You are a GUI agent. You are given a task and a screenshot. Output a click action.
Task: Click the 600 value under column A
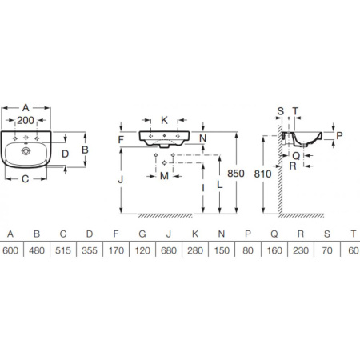10,250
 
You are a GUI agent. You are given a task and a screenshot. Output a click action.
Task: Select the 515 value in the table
63,250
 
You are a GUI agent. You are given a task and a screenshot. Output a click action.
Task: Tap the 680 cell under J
169,250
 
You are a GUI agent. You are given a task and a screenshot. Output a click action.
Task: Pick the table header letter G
142,234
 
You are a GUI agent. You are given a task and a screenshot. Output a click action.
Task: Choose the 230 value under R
301,250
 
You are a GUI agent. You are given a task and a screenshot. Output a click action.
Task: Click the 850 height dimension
236,174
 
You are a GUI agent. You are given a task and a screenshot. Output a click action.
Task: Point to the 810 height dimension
262,174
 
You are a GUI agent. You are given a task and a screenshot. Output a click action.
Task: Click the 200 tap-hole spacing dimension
26,120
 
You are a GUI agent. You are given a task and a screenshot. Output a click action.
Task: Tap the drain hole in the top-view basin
26,151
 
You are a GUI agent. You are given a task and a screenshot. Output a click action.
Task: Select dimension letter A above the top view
26,108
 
